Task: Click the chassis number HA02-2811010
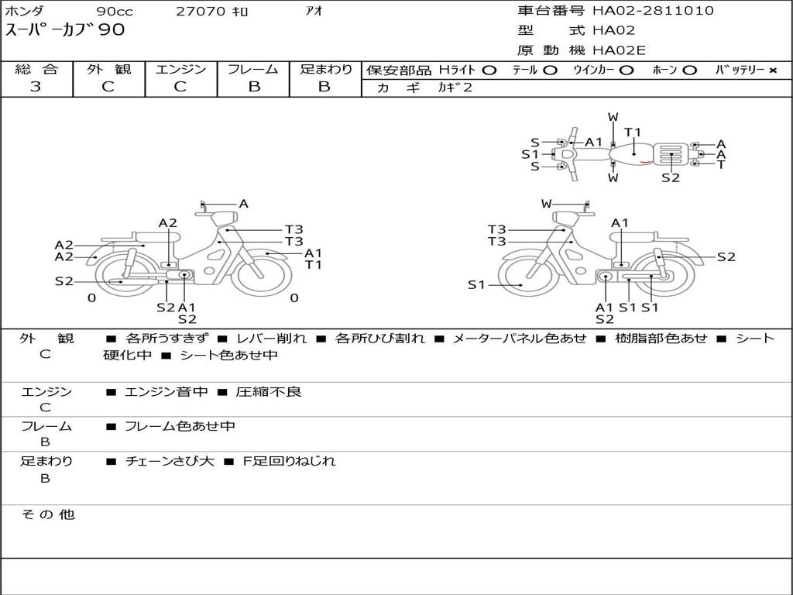point(653,11)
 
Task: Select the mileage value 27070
point(201,12)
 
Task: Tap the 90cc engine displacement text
point(115,12)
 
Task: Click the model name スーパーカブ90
point(65,31)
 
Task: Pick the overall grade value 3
point(36,87)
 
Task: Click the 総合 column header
point(36,70)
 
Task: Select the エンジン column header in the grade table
point(180,70)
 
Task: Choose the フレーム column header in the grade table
point(252,70)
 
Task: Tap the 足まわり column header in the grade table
point(326,70)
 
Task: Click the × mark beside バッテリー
point(773,71)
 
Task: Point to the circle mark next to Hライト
point(489,71)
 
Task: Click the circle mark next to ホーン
point(689,71)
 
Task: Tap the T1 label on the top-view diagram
point(633,132)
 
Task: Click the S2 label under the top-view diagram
point(671,177)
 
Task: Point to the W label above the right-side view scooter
point(547,204)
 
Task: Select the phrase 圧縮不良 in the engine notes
point(269,392)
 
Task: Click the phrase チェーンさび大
point(169,461)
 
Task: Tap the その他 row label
point(47,514)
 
